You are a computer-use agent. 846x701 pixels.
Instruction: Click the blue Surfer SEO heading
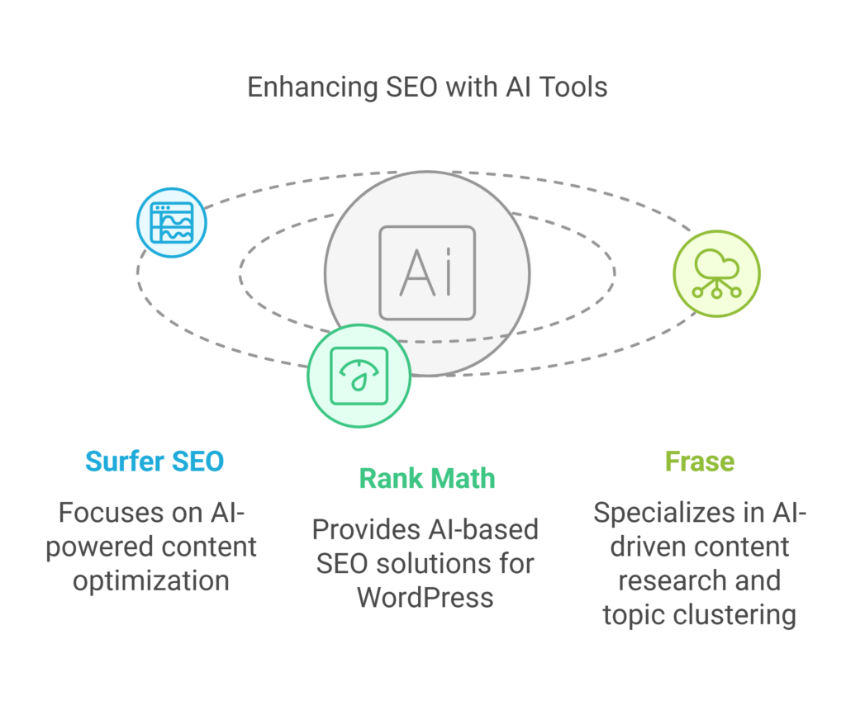154,462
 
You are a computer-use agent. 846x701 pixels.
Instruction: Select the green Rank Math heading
427,479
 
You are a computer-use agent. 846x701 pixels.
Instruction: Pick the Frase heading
700,462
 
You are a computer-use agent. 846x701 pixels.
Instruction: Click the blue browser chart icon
172,223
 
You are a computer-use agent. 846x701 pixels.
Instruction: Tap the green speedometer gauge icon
359,376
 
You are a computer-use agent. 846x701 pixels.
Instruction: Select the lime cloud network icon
716,273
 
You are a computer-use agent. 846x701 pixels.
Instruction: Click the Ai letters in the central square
425,272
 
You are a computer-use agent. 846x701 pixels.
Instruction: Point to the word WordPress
425,598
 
